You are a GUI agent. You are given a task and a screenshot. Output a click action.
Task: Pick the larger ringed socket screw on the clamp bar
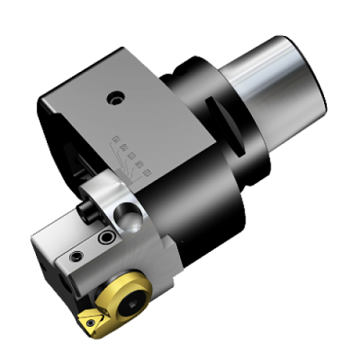pyautogui.click(x=109, y=239)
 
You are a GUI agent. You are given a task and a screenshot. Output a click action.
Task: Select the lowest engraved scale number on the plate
pyautogui.click(x=148, y=173)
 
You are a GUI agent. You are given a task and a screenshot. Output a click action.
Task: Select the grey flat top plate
pyautogui.click(x=110, y=110)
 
